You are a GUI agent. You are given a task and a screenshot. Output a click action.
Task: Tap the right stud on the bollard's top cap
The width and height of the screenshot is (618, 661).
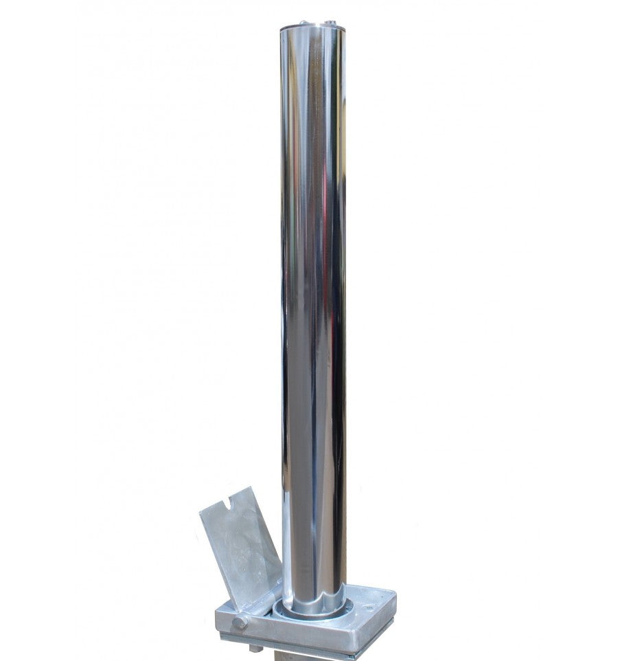328,22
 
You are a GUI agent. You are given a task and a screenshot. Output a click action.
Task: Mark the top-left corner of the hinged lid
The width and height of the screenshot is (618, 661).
200,512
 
